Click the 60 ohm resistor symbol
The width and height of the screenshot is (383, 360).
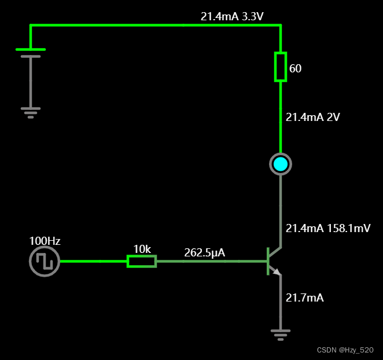281,67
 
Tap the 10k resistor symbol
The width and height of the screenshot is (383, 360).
142,261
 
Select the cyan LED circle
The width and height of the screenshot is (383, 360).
281,164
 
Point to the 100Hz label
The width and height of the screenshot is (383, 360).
45,241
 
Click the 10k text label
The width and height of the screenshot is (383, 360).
142,249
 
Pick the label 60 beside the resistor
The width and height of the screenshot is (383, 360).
295,69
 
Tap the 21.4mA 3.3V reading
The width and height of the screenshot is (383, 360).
232,17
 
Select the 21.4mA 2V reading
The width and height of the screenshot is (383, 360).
312,117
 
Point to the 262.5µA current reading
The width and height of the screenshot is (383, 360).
204,253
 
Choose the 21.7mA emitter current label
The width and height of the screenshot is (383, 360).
304,298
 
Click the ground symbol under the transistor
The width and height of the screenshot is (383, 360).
281,333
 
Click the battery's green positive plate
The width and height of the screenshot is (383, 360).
31,50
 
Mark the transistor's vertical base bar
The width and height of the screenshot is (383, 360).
268,261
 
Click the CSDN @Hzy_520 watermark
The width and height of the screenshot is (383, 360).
345,350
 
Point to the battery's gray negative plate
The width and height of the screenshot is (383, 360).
31,57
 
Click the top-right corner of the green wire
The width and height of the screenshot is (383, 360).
281,25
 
